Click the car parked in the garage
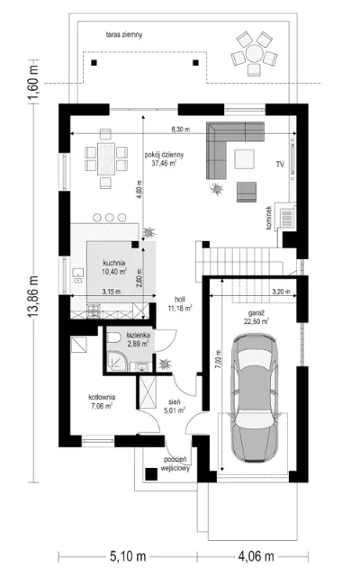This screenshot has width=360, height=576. [254, 398]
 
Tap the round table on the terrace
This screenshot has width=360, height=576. [254, 54]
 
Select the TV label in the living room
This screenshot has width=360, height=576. [280, 164]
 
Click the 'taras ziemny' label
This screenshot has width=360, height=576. [124, 35]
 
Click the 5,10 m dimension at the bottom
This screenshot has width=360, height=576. [128, 556]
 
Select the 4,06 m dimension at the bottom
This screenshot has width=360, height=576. [256, 556]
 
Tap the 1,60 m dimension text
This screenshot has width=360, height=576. [33, 82]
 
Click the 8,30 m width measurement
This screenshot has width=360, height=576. [180, 130]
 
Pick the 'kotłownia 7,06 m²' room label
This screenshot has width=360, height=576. [102, 401]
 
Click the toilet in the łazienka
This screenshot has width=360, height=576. [113, 337]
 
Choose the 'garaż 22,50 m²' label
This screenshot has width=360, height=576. [256, 318]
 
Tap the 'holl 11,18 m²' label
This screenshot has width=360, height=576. [180, 304]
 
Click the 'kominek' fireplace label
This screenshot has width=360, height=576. [269, 218]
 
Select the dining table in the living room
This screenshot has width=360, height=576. [106, 158]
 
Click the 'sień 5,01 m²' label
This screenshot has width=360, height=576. [175, 406]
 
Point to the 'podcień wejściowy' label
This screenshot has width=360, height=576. [175, 464]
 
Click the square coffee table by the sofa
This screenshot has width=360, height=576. [244, 159]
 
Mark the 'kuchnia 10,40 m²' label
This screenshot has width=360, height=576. [114, 267]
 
